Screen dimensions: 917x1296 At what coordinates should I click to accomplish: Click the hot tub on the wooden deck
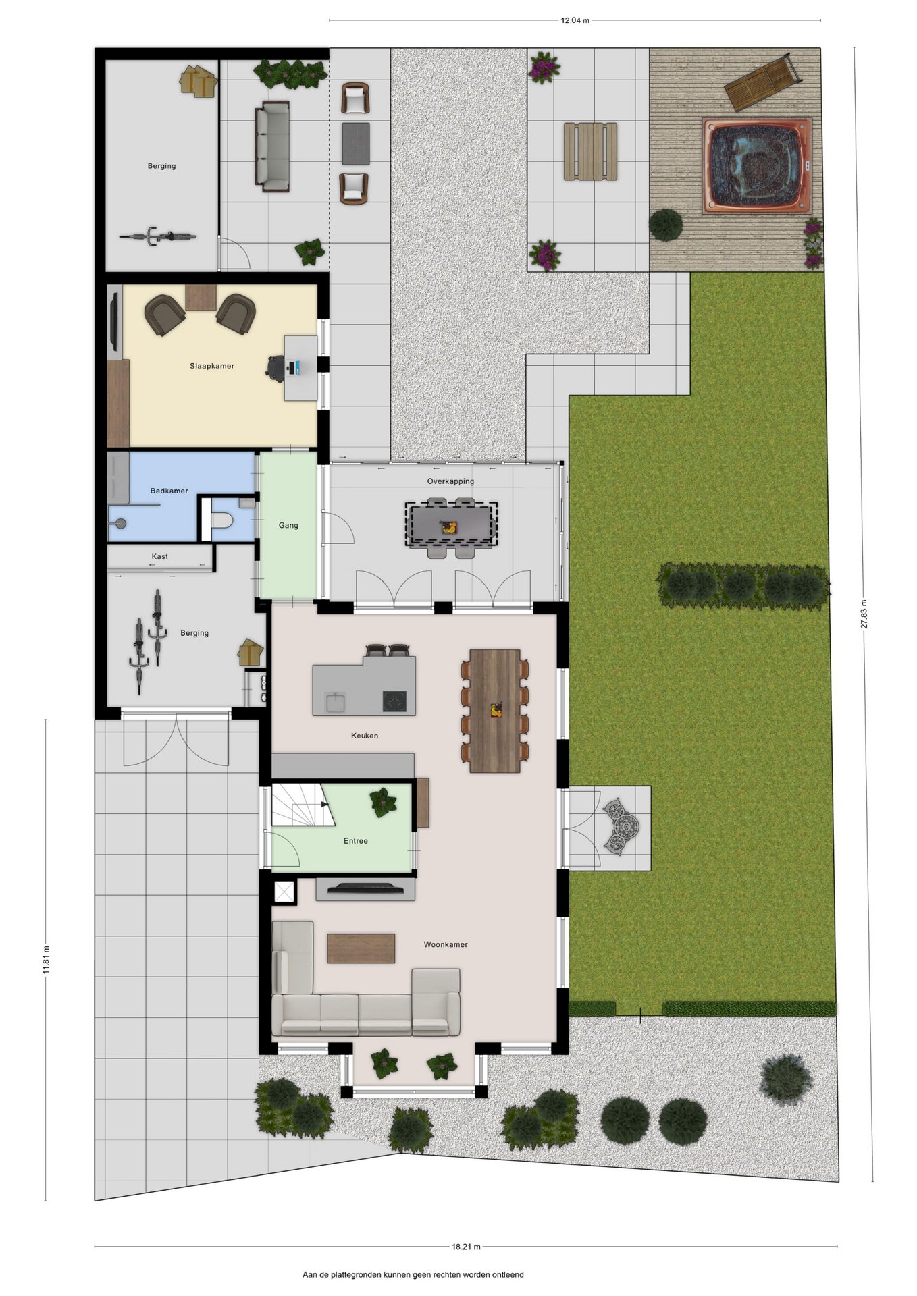(757, 165)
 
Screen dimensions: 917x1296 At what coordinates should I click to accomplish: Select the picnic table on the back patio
(591, 151)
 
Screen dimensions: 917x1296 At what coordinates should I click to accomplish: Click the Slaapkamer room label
(212, 366)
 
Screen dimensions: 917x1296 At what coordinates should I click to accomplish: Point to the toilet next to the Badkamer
(222, 520)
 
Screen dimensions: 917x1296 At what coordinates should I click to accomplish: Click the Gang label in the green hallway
(288, 525)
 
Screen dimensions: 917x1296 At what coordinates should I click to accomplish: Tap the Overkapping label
(450, 481)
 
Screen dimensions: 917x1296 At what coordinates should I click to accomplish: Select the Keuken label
(365, 736)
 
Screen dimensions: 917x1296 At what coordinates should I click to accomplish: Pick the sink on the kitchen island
(336, 702)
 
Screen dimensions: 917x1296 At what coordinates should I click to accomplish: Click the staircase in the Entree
(303, 805)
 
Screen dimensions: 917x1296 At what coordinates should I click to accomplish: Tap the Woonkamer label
(446, 944)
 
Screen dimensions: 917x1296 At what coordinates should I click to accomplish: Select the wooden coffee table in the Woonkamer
(361, 948)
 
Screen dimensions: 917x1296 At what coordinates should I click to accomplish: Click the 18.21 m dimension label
(467, 1247)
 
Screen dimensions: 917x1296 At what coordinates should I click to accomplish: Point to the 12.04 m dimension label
(575, 20)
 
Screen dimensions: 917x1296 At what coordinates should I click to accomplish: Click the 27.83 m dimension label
(864, 614)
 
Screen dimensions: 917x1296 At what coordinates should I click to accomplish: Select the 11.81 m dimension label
(46, 959)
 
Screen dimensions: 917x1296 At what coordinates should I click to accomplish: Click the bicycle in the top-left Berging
(158, 236)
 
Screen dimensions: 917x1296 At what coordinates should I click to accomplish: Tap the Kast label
(160, 556)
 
